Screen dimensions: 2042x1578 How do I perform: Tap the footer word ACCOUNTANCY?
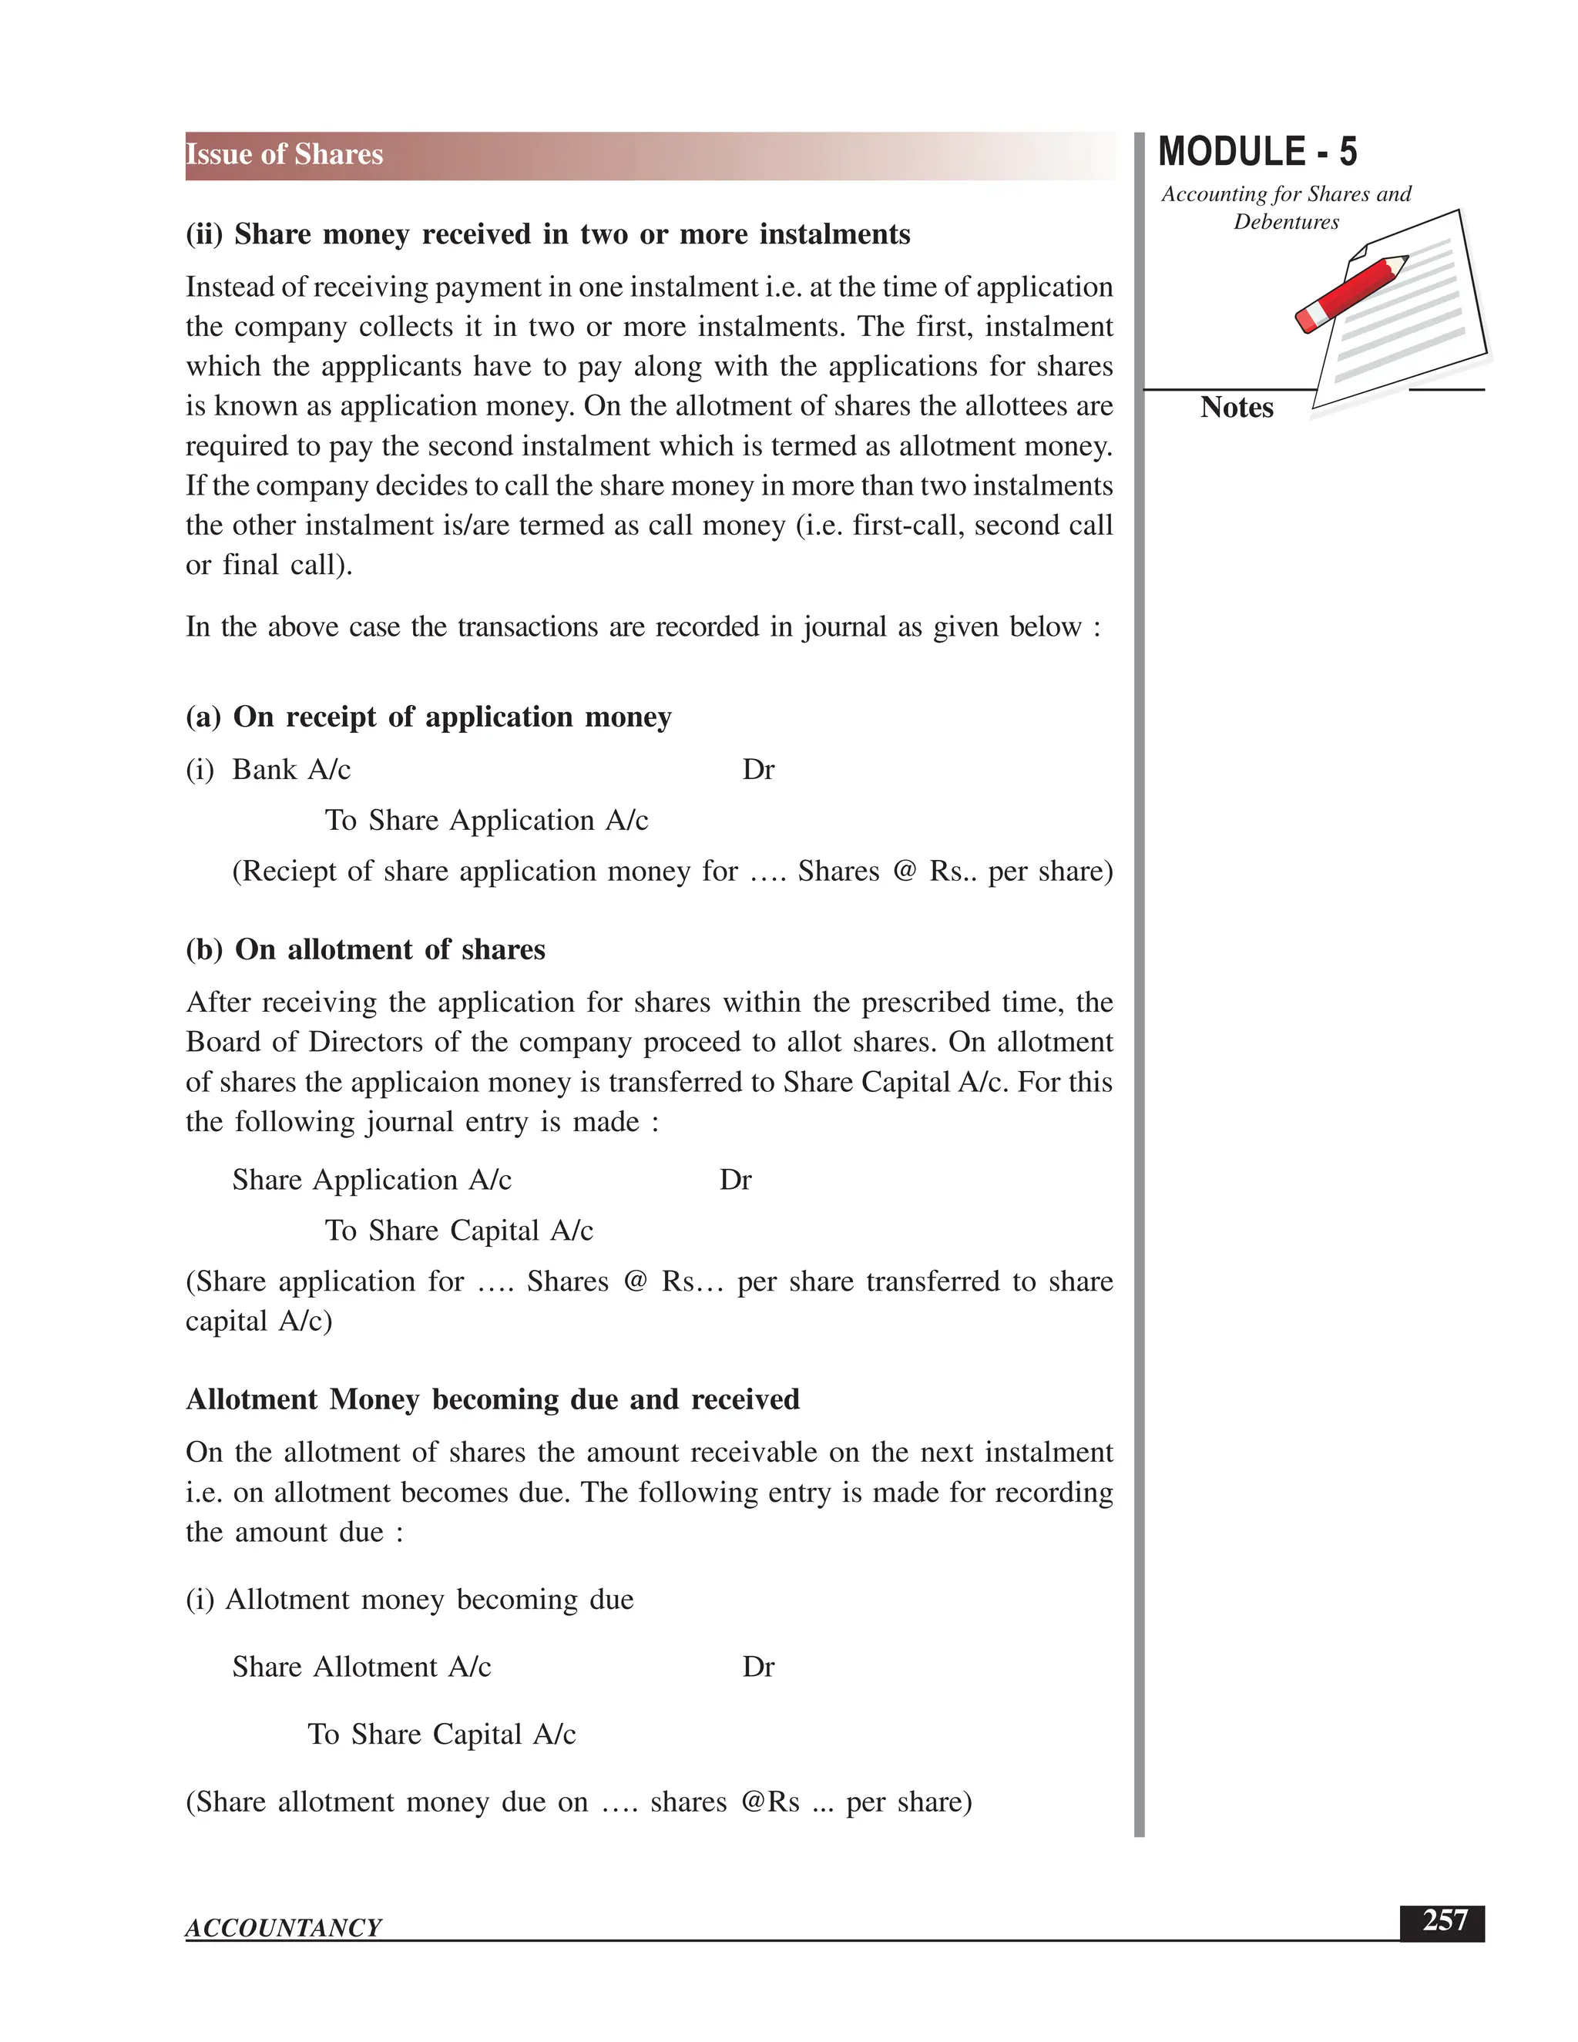(284, 1927)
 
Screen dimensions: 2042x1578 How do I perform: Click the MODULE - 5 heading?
(1257, 153)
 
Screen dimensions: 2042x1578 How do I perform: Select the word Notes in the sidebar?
(1236, 408)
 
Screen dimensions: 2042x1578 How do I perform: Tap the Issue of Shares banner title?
(284, 154)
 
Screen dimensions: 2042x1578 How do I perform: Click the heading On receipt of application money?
(428, 717)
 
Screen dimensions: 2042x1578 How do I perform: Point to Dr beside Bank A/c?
(758, 770)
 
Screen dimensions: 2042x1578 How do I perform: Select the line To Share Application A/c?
(486, 820)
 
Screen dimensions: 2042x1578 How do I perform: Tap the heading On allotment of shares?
(365, 949)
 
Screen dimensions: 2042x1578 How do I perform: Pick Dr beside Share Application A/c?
(735, 1180)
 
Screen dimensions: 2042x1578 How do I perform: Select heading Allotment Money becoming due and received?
(492, 1399)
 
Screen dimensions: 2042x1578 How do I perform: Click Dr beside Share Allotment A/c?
(758, 1667)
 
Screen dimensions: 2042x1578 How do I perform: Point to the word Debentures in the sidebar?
(1285, 223)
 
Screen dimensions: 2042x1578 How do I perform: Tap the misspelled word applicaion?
(407, 1082)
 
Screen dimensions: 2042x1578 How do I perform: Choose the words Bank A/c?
(290, 770)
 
